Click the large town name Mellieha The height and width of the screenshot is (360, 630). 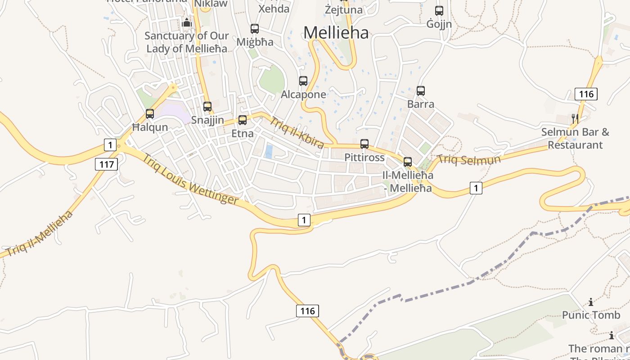[336, 33]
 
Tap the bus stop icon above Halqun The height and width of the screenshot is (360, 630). [150, 114]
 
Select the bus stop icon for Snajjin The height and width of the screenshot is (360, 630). [207, 107]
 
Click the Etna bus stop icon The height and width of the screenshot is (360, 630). [243, 120]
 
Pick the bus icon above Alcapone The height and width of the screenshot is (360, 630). [303, 81]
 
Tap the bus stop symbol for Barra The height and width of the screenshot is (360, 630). [421, 91]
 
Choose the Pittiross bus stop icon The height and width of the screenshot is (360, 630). [364, 144]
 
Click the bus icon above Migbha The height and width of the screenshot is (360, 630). [255, 29]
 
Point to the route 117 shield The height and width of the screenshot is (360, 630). [107, 164]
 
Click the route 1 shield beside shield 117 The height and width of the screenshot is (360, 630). [110, 145]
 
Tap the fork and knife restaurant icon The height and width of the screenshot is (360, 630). [575, 118]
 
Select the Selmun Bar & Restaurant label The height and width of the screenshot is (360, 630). [575, 139]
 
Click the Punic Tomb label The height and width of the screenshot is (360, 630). [591, 315]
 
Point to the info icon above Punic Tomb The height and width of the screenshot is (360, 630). [591, 302]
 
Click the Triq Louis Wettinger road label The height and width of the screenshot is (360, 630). [190, 179]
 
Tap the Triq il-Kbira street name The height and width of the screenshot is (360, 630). [297, 132]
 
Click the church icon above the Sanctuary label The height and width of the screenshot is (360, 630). [187, 22]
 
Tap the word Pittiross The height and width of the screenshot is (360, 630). [364, 157]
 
